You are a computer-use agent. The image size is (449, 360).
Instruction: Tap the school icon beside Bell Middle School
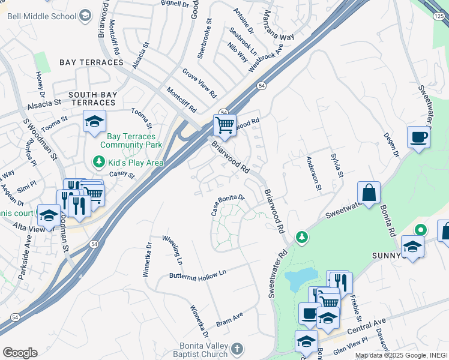pos(86,14)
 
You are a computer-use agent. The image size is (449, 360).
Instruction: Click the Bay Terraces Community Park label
pos(131,141)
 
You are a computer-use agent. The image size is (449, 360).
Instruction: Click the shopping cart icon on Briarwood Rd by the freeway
pos(224,126)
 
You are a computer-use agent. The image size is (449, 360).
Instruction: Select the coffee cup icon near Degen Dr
pos(418,137)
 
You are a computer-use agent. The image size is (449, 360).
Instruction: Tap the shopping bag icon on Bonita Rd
pos(369,193)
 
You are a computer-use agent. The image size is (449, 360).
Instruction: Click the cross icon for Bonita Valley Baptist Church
pos(238,349)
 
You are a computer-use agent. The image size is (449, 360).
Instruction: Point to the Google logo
pos(19,353)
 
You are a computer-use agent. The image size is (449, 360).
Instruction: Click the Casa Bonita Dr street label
pos(228,205)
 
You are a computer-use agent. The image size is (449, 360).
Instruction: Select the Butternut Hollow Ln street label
pos(197,273)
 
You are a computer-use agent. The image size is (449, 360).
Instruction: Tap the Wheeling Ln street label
pos(172,250)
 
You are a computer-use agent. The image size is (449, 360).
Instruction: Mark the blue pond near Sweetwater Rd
pos(300,277)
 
